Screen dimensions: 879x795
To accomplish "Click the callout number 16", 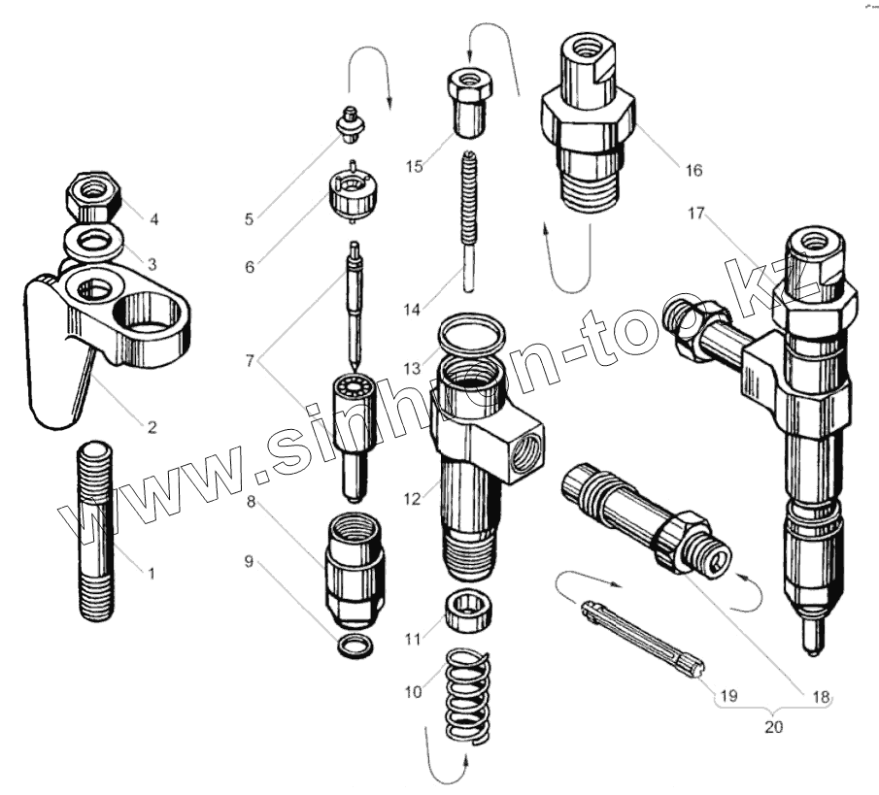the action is click(693, 171).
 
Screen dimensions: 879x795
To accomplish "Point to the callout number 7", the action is click(251, 361).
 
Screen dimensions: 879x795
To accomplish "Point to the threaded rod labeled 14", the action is click(471, 218).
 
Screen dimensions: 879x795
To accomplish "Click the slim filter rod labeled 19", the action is click(645, 635).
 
